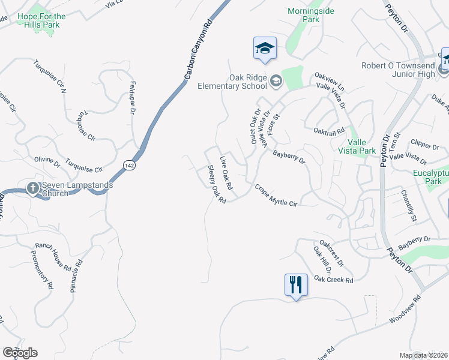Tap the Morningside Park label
(311, 15)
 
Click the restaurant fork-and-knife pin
(295, 284)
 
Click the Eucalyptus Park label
(431, 176)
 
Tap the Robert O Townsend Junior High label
(399, 70)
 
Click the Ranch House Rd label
(53, 254)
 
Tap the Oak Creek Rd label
(333, 280)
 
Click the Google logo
(20, 352)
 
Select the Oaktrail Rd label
(329, 130)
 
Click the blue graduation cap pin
(265, 48)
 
